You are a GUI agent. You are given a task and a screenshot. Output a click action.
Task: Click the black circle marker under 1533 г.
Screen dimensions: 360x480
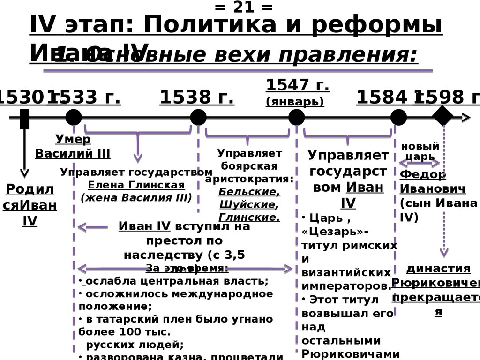point(74,117)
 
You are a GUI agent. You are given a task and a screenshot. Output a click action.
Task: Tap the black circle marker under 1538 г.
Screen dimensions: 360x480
point(198,117)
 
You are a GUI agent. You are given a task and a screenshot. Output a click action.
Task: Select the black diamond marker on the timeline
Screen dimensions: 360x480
point(443,116)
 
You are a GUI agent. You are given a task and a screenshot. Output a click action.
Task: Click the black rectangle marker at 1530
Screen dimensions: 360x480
point(24,119)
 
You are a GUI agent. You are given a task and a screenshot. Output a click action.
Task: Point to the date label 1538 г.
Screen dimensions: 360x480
point(197,97)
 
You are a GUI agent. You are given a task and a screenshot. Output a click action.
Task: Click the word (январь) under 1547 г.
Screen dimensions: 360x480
point(295,102)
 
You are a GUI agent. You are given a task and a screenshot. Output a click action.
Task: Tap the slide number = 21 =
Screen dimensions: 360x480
point(243,7)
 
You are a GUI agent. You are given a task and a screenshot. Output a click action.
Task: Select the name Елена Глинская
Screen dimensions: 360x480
point(136,185)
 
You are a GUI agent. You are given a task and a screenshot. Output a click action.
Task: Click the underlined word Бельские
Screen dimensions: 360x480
point(249,192)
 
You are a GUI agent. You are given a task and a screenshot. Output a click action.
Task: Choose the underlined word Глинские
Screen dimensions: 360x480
point(249,217)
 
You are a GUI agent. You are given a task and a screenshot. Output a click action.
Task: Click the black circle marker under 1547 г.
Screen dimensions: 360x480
point(296,117)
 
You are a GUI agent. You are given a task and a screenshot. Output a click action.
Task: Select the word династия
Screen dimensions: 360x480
point(438,269)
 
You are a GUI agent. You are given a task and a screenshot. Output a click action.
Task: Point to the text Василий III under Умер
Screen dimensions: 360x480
point(73,153)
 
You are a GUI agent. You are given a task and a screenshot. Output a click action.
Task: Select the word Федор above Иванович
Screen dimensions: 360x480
point(423,175)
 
